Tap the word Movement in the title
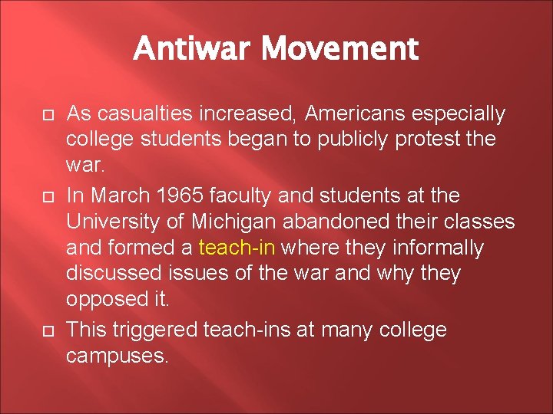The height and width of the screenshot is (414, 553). (x=339, y=49)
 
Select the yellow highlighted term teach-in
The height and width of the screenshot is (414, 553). (x=237, y=248)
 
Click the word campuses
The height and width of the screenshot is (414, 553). (x=116, y=356)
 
